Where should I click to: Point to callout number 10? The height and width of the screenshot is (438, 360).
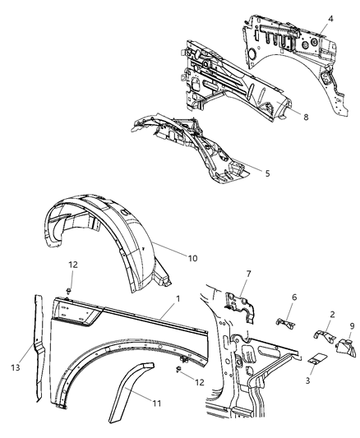192,257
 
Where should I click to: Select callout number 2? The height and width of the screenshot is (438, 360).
331,314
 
